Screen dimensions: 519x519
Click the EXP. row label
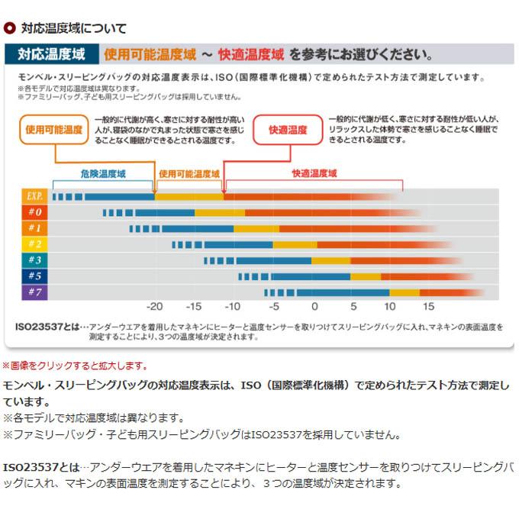click(x=34, y=196)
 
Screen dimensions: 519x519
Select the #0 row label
click(x=34, y=212)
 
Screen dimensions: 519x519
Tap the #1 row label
click(x=34, y=228)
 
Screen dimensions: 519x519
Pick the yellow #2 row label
click(x=34, y=244)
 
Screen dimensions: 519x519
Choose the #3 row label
click(x=34, y=260)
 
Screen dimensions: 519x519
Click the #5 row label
click(x=34, y=276)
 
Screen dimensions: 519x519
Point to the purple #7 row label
click(x=34, y=292)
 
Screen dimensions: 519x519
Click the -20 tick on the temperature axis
click(x=155, y=307)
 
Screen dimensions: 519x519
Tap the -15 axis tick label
click(x=194, y=307)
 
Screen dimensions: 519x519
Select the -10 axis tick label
click(x=233, y=307)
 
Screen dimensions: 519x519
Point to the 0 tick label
click(x=314, y=307)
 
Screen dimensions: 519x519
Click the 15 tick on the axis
click(x=428, y=307)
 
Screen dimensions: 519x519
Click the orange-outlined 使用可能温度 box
click(x=53, y=130)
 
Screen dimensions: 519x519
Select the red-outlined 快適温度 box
click(x=288, y=131)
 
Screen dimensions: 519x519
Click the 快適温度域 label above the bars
click(x=314, y=174)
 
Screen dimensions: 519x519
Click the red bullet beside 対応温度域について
click(x=10, y=28)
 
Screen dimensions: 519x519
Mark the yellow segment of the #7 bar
click(x=405, y=292)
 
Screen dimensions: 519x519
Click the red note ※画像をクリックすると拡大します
click(x=76, y=366)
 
